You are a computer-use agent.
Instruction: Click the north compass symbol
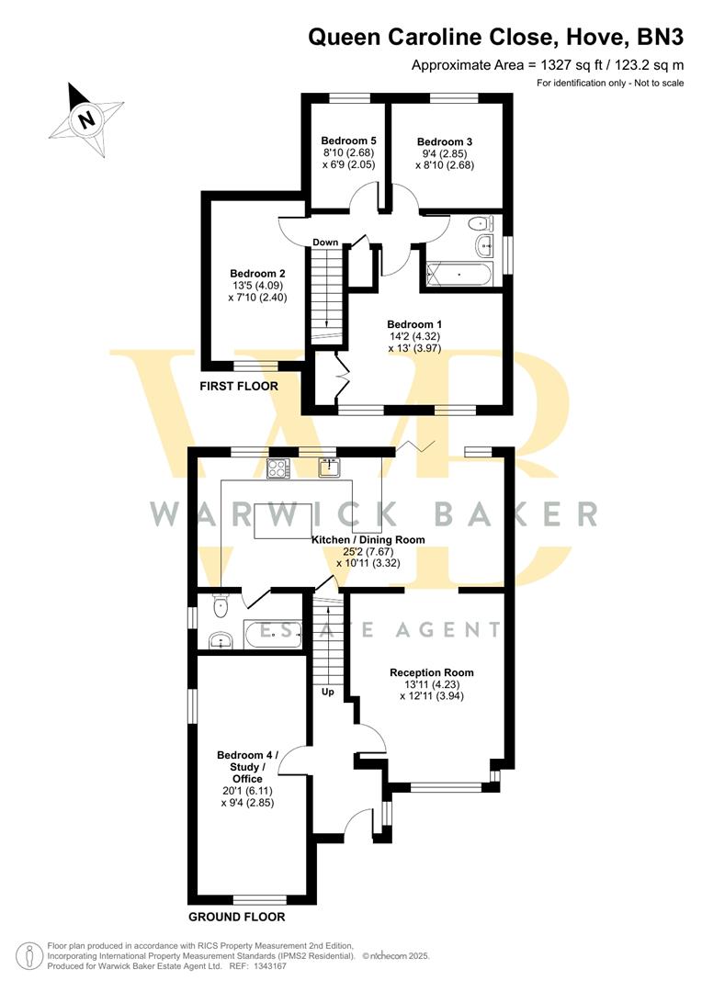click(x=86, y=118)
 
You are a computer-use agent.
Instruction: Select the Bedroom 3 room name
click(x=445, y=141)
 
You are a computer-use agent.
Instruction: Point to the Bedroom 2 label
click(x=257, y=274)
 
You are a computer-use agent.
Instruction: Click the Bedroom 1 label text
click(x=414, y=324)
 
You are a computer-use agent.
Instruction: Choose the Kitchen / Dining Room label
click(x=368, y=539)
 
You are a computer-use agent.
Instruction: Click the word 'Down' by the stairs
click(x=325, y=242)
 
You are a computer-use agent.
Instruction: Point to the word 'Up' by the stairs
click(x=328, y=692)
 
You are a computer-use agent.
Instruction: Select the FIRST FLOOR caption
click(x=239, y=387)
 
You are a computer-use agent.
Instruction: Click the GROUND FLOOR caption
click(x=237, y=917)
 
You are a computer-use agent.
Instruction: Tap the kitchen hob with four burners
click(x=277, y=468)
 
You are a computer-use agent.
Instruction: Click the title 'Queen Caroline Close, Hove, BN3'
click(x=496, y=37)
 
